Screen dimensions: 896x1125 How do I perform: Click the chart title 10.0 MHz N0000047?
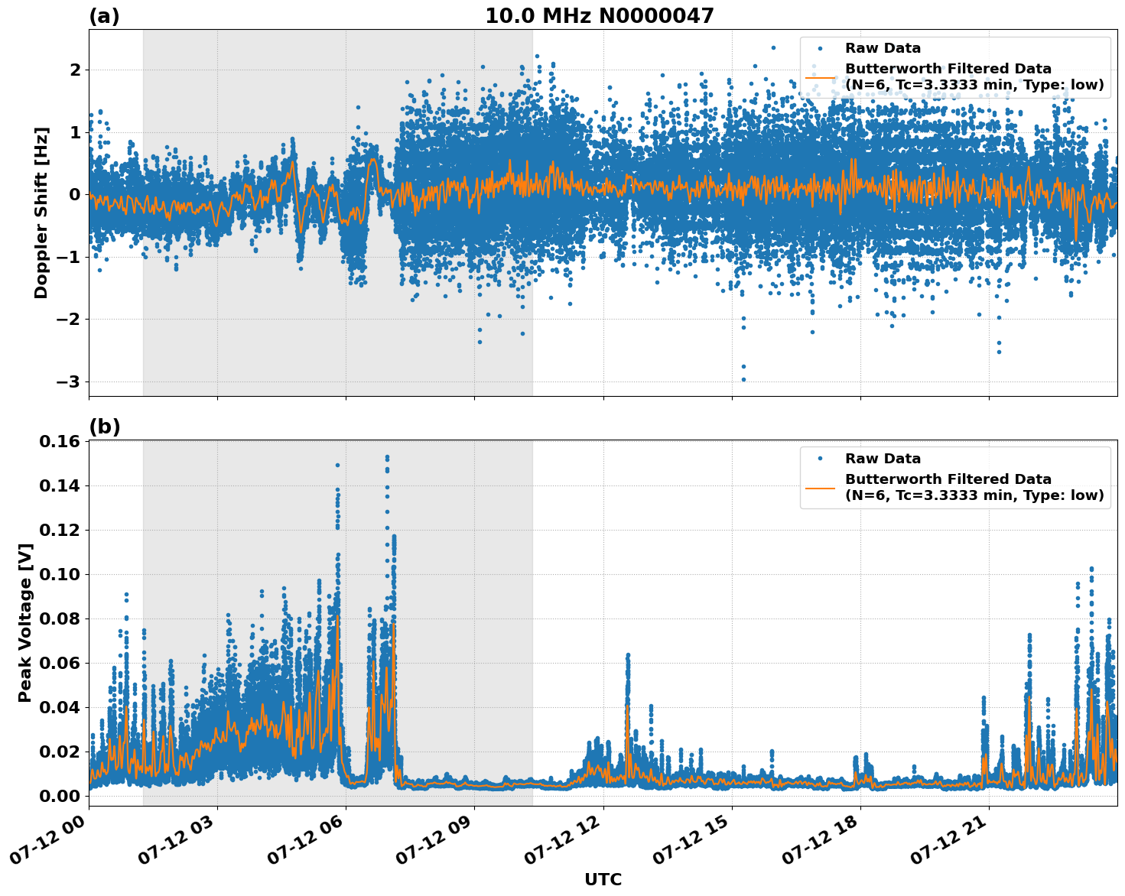coord(599,16)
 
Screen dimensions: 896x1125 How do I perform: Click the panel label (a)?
coord(104,16)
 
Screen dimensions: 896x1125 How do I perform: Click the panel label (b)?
coord(104,427)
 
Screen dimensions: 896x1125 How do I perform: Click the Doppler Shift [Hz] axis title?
coord(41,213)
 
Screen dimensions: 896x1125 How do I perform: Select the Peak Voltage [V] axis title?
coord(25,618)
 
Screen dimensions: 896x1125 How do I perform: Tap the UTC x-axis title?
coord(603,879)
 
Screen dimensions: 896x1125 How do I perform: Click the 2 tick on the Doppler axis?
coord(76,70)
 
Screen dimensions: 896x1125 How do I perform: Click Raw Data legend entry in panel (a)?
coord(883,48)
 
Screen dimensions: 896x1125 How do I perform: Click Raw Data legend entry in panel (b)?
coord(883,459)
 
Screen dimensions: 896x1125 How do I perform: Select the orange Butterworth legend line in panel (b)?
coord(821,487)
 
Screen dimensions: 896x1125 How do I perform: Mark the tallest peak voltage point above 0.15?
coord(387,457)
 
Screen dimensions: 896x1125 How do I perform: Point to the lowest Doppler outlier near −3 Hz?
coord(743,379)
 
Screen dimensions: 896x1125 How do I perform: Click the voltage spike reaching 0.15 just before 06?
coord(337,465)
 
